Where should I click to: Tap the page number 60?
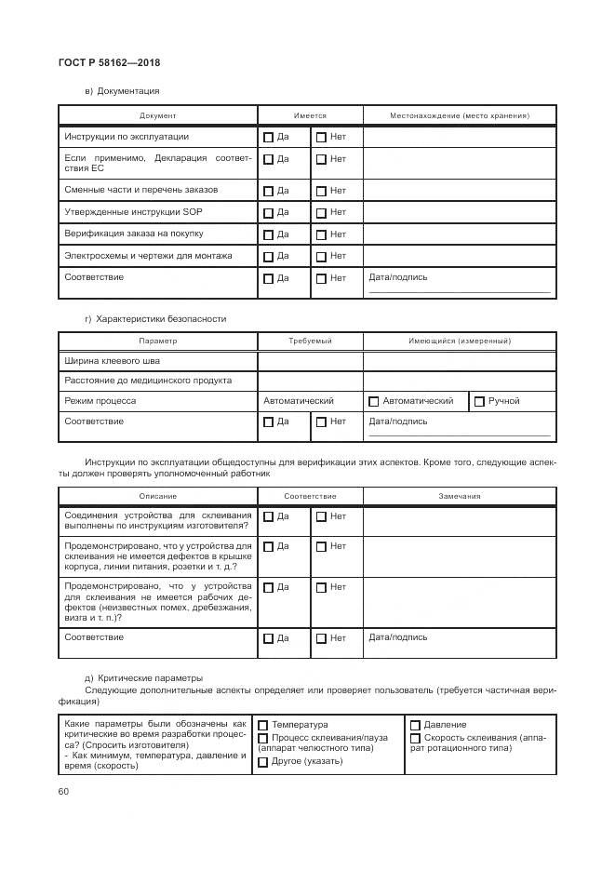63,791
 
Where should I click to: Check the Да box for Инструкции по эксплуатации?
269,138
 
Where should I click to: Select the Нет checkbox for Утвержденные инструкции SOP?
321,212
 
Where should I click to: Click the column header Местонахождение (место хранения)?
460,115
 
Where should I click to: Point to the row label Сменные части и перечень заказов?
140,190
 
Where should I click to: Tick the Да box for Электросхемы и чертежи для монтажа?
269,256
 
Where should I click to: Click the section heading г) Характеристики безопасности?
154,318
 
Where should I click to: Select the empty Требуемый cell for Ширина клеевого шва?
310,361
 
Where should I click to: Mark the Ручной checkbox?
479,402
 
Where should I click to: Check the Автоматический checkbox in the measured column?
374,402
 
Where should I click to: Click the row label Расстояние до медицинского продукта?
148,381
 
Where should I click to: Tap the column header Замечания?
460,496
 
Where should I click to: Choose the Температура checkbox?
263,725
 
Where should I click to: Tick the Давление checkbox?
415,725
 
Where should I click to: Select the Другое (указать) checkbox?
263,762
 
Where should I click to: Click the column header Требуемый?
310,341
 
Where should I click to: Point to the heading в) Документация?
122,91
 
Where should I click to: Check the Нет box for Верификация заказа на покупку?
321,234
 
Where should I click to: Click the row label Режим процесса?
100,401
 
